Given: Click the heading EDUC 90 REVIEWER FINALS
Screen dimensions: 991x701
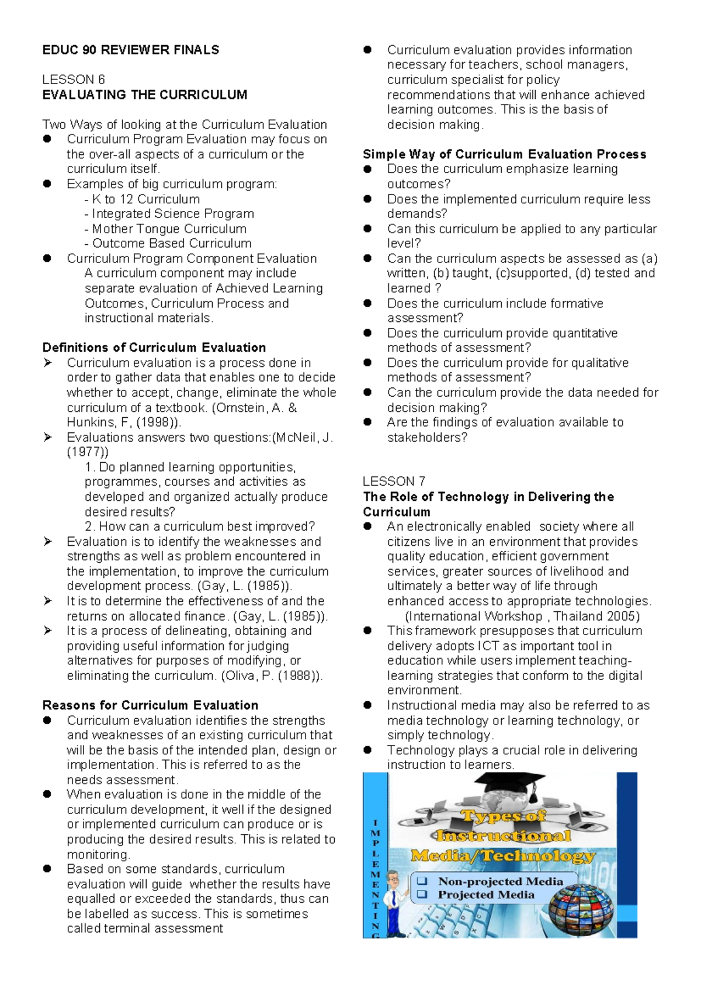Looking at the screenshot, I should point(130,50).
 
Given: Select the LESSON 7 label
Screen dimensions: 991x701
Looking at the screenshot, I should point(394,481).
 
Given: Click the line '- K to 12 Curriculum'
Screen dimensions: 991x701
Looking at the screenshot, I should point(142,199).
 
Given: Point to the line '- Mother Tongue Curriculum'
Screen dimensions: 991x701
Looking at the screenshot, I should point(165,229).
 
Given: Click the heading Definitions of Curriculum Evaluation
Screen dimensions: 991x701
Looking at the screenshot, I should point(154,348).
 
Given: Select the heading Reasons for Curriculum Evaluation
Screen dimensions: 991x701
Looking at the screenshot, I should point(150,705).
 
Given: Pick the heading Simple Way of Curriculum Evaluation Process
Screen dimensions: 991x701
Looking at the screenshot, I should point(504,154).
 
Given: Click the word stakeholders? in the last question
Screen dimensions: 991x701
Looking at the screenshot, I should point(427,438).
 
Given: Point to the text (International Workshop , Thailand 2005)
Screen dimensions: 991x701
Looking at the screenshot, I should point(522,616).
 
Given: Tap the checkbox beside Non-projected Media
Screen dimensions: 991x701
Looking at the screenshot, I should point(422,881).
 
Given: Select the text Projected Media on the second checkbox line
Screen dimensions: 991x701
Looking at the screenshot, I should point(486,895).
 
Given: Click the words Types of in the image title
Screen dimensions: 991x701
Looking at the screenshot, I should point(503,816).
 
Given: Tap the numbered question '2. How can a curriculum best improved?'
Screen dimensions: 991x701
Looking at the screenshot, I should point(199,526).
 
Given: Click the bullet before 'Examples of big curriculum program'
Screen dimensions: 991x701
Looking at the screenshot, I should point(47,184).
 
